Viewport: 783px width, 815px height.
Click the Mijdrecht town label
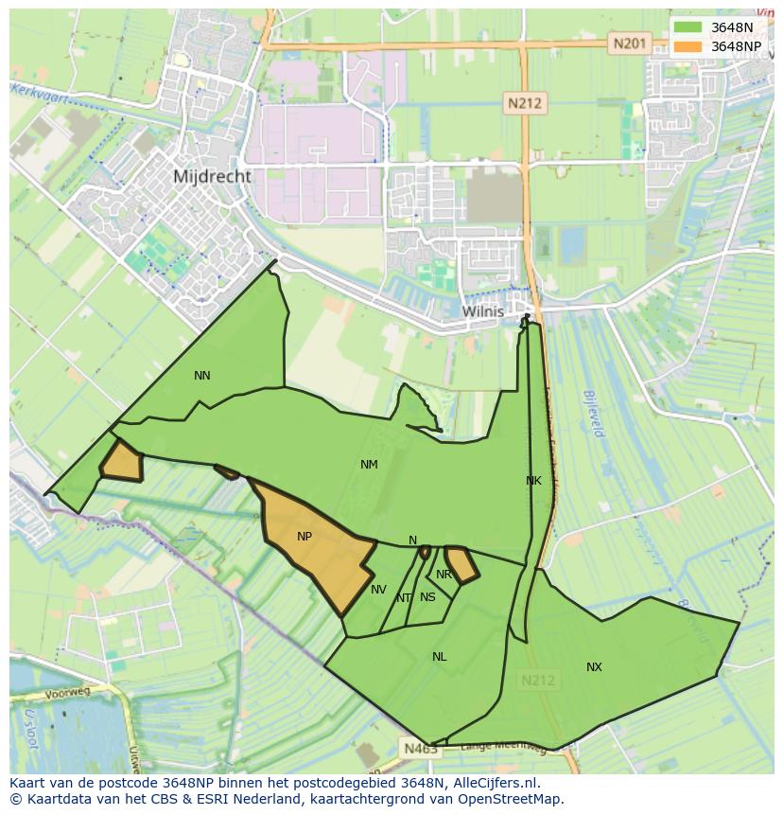pos(213,176)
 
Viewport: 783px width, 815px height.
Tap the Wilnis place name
pos(482,310)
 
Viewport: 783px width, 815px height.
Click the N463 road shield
pos(420,749)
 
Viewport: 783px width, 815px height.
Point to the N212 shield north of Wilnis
pos(524,103)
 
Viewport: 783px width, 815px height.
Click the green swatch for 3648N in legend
pos(687,27)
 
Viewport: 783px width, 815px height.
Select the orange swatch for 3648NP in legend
pos(687,46)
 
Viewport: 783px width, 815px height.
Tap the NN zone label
pos(202,376)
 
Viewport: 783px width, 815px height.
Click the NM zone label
pos(369,465)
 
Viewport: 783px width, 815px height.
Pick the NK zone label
pos(533,481)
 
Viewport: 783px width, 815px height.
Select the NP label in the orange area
pos(304,537)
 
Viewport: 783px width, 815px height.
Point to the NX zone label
pos(594,667)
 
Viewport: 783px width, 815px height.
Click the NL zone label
pos(440,657)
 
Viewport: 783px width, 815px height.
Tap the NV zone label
pos(378,590)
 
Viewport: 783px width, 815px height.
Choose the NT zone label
pos(404,598)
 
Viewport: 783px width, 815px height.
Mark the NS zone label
pos(427,597)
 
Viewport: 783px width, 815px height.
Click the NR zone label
pos(444,575)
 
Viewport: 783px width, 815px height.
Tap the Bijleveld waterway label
pos(593,414)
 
